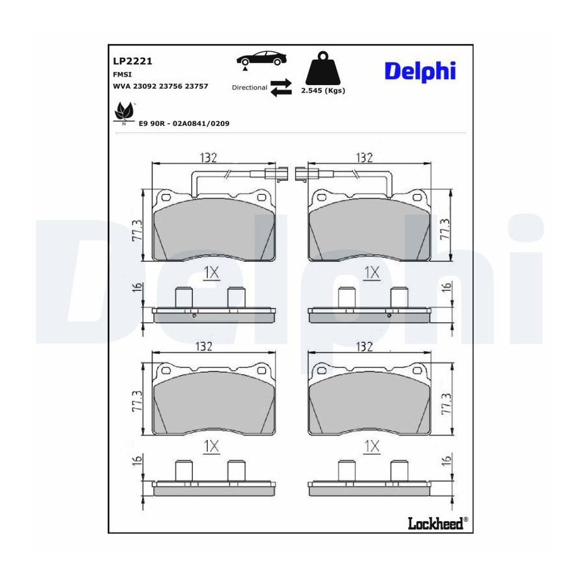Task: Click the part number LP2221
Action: [132, 61]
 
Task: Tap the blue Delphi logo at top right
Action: [420, 71]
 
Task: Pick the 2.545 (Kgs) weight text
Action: [323, 90]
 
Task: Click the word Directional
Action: [250, 88]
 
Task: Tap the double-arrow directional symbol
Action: [281, 88]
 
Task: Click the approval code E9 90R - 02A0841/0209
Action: [184, 124]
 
